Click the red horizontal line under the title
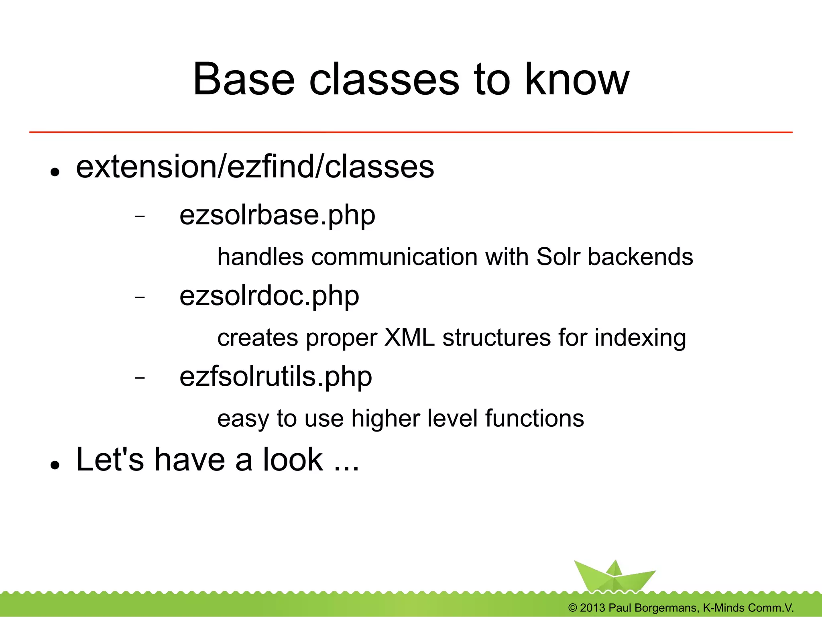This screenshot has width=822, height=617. pyautogui.click(x=411, y=132)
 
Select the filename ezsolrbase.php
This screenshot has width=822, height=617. pyautogui.click(x=277, y=215)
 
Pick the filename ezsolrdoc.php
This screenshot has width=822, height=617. pyautogui.click(x=269, y=296)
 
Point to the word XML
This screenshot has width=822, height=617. pyautogui.click(x=409, y=337)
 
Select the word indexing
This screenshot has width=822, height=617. pyautogui.click(x=640, y=338)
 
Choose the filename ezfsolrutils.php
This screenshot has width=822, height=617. pyautogui.click(x=275, y=377)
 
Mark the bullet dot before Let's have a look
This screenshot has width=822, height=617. pyautogui.click(x=55, y=465)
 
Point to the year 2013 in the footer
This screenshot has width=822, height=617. pyautogui.click(x=592, y=608)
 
